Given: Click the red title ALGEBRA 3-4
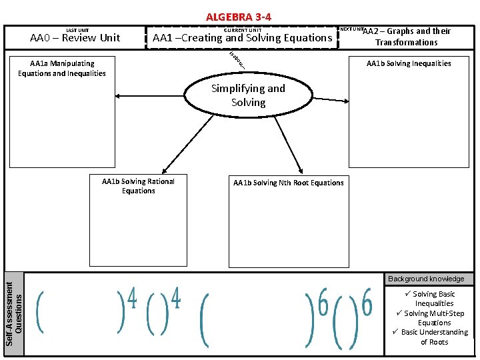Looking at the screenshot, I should (x=239, y=17).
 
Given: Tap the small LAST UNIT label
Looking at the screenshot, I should (x=77, y=30).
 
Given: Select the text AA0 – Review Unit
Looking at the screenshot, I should (x=75, y=38).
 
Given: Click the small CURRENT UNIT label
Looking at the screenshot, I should (x=243, y=30).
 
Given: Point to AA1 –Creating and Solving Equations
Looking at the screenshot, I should (x=242, y=38).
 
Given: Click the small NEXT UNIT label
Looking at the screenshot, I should (x=351, y=29).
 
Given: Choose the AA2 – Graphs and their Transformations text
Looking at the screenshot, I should (x=406, y=37).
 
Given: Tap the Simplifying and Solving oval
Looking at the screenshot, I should (x=248, y=95).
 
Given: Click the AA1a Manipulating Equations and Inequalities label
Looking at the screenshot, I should (x=62, y=68).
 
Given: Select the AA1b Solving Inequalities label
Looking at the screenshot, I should (x=409, y=63).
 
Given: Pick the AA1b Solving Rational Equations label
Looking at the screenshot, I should (x=138, y=186).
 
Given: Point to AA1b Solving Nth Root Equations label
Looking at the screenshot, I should (x=289, y=183).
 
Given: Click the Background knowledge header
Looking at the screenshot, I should (x=426, y=279).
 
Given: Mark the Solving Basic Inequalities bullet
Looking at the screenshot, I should (x=433, y=299).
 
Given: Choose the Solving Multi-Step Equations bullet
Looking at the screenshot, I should (x=434, y=318).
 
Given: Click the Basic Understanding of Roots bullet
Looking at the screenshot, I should (x=434, y=337).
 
